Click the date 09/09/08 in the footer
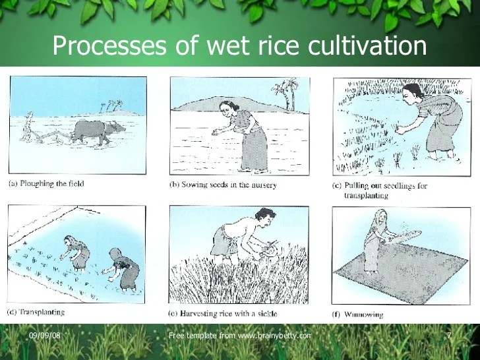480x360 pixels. [x=44, y=336]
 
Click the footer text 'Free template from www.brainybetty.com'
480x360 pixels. [x=239, y=336]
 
